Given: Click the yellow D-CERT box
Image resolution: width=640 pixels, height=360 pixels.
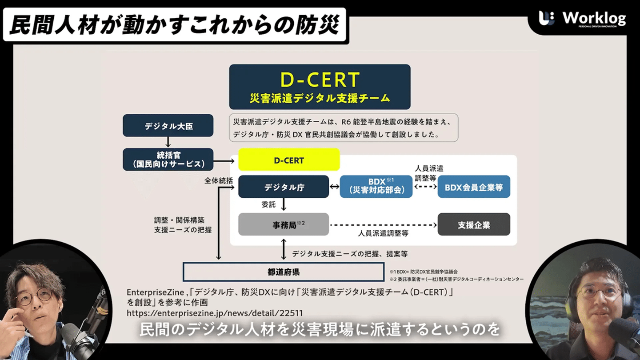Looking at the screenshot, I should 289,160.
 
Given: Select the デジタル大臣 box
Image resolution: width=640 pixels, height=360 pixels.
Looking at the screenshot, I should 168,126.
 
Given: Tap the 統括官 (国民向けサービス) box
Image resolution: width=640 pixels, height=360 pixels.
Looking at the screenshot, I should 168,160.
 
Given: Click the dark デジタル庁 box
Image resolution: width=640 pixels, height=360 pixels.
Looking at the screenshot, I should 284,187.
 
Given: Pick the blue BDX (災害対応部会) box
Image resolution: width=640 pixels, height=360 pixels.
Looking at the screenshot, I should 376,187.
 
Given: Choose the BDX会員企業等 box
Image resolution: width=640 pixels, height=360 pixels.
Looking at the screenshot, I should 474,187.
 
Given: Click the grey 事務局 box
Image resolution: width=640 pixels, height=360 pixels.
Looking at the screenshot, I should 284,224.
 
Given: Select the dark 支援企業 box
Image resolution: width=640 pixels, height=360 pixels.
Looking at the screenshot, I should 474,224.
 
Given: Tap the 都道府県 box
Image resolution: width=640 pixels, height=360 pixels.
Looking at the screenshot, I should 284,272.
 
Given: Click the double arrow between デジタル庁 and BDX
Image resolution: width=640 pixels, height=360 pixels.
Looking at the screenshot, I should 334,187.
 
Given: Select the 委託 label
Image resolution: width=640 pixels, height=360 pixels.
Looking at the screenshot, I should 268,205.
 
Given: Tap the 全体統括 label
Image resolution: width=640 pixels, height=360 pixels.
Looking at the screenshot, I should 219,181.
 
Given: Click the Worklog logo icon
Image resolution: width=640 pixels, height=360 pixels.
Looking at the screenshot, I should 547,19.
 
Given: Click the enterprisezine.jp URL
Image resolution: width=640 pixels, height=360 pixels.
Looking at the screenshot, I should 215,313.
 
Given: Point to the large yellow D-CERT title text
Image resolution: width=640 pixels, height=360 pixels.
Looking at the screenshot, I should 320,80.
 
